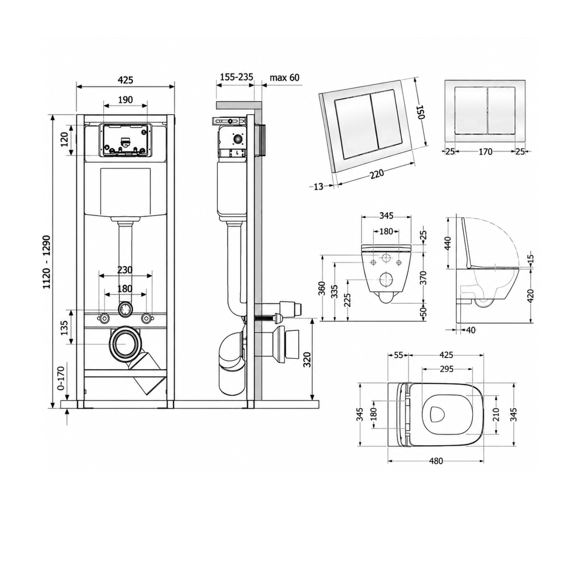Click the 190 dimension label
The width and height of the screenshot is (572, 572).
click(x=126, y=100)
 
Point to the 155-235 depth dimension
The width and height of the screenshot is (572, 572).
click(x=237, y=77)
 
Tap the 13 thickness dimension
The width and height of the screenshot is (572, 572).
click(x=318, y=187)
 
